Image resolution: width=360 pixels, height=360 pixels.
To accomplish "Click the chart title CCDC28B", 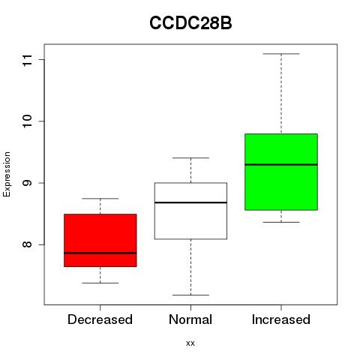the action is [190, 23].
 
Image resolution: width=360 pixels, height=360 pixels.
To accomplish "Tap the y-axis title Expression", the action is [7, 174].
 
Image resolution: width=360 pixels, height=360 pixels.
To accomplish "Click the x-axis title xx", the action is [190, 343].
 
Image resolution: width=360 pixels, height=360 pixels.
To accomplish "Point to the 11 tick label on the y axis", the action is [28, 60].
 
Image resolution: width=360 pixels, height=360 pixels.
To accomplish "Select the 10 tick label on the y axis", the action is [28, 121].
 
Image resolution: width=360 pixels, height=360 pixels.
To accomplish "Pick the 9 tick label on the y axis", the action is [28, 183].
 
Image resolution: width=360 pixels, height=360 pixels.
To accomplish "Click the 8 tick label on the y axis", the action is [28, 244].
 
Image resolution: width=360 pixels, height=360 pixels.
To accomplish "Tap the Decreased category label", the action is [100, 319].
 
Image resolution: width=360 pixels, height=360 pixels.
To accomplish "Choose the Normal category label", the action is [190, 319].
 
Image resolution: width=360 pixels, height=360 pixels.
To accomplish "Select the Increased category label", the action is [281, 319].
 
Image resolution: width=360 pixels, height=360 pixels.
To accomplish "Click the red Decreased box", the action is [100, 240].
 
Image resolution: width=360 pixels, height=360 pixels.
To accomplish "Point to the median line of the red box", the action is [100, 253].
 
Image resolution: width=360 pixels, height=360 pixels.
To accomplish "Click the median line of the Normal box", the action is [190, 202].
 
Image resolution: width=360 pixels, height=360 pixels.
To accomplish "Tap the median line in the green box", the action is [281, 164].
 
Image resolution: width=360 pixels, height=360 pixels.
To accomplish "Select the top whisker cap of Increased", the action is [281, 54].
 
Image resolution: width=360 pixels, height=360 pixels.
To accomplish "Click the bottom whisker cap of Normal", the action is [190, 295].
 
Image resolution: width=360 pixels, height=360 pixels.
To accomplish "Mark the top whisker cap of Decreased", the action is [100, 199].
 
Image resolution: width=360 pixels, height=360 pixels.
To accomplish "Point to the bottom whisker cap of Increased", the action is [281, 222].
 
